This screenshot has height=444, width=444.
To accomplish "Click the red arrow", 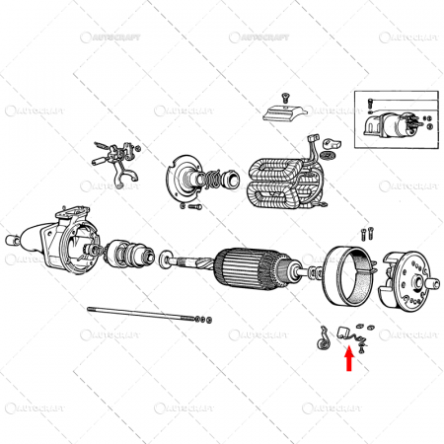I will pos(347,360).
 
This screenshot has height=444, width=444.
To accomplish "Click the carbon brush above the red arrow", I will pos(346,332).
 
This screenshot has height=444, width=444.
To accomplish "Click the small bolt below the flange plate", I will pos(184,209).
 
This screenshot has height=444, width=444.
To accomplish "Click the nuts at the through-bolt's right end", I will pos(203,321).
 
